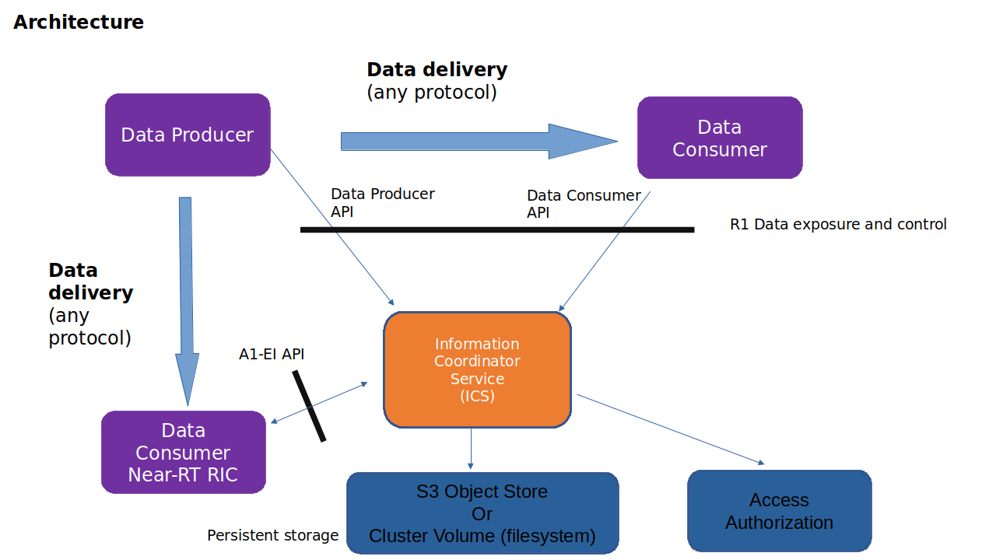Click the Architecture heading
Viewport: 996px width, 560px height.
coord(79,22)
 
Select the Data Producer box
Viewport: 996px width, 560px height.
coord(188,135)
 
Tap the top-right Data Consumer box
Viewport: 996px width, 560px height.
coord(720,138)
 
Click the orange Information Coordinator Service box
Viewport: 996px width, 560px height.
coord(477,370)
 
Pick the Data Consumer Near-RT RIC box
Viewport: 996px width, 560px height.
coord(184,452)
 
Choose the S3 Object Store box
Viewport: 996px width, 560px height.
coord(482,513)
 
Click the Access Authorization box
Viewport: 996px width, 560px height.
coord(779,511)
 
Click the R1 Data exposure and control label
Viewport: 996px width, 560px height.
coord(838,225)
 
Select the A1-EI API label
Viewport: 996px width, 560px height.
coord(272,355)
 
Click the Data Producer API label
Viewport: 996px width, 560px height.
coord(382,202)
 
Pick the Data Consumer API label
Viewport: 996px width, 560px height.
coord(584,204)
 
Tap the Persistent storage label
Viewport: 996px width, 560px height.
coord(272,535)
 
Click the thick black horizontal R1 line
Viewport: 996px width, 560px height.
coord(497,229)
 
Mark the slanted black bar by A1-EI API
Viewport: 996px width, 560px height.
coord(309,406)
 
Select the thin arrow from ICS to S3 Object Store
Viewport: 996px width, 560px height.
coord(471,448)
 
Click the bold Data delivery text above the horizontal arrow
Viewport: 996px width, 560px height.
coord(437,69)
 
